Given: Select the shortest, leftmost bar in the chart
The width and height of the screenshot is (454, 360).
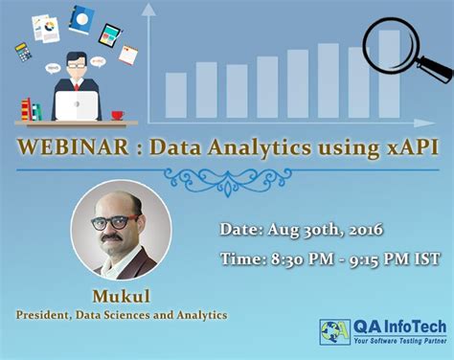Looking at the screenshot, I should click(176, 95).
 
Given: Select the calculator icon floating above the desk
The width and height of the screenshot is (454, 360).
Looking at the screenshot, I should click(23, 51).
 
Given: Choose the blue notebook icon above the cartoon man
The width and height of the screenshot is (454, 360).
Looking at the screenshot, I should click(80, 17).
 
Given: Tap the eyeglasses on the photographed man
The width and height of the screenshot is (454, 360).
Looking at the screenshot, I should click(113, 222).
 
